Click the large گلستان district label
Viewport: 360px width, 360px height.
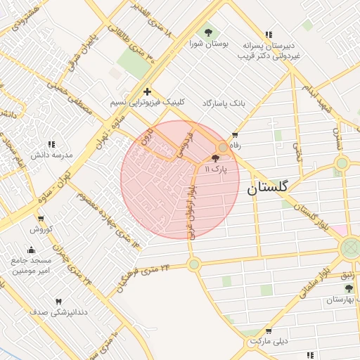click(x=267, y=188)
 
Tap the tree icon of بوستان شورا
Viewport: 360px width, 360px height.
click(x=207, y=32)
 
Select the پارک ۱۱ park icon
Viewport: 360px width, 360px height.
click(x=214, y=159)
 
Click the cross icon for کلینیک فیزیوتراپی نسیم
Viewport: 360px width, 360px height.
click(x=147, y=91)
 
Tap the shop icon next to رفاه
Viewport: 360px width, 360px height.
click(x=234, y=135)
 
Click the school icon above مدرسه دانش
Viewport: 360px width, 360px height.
click(x=51, y=144)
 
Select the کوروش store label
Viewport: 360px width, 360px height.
click(x=41, y=229)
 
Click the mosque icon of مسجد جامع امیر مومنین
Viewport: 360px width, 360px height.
click(x=30, y=250)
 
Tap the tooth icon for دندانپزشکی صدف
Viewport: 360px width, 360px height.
click(x=58, y=302)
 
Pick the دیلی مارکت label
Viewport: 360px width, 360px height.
click(x=270, y=342)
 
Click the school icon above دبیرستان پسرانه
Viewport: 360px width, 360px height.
click(x=268, y=34)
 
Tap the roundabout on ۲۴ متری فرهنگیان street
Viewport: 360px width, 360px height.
click(x=194, y=264)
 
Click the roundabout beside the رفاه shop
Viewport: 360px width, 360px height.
click(x=224, y=147)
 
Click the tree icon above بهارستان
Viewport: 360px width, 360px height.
click(x=348, y=288)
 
